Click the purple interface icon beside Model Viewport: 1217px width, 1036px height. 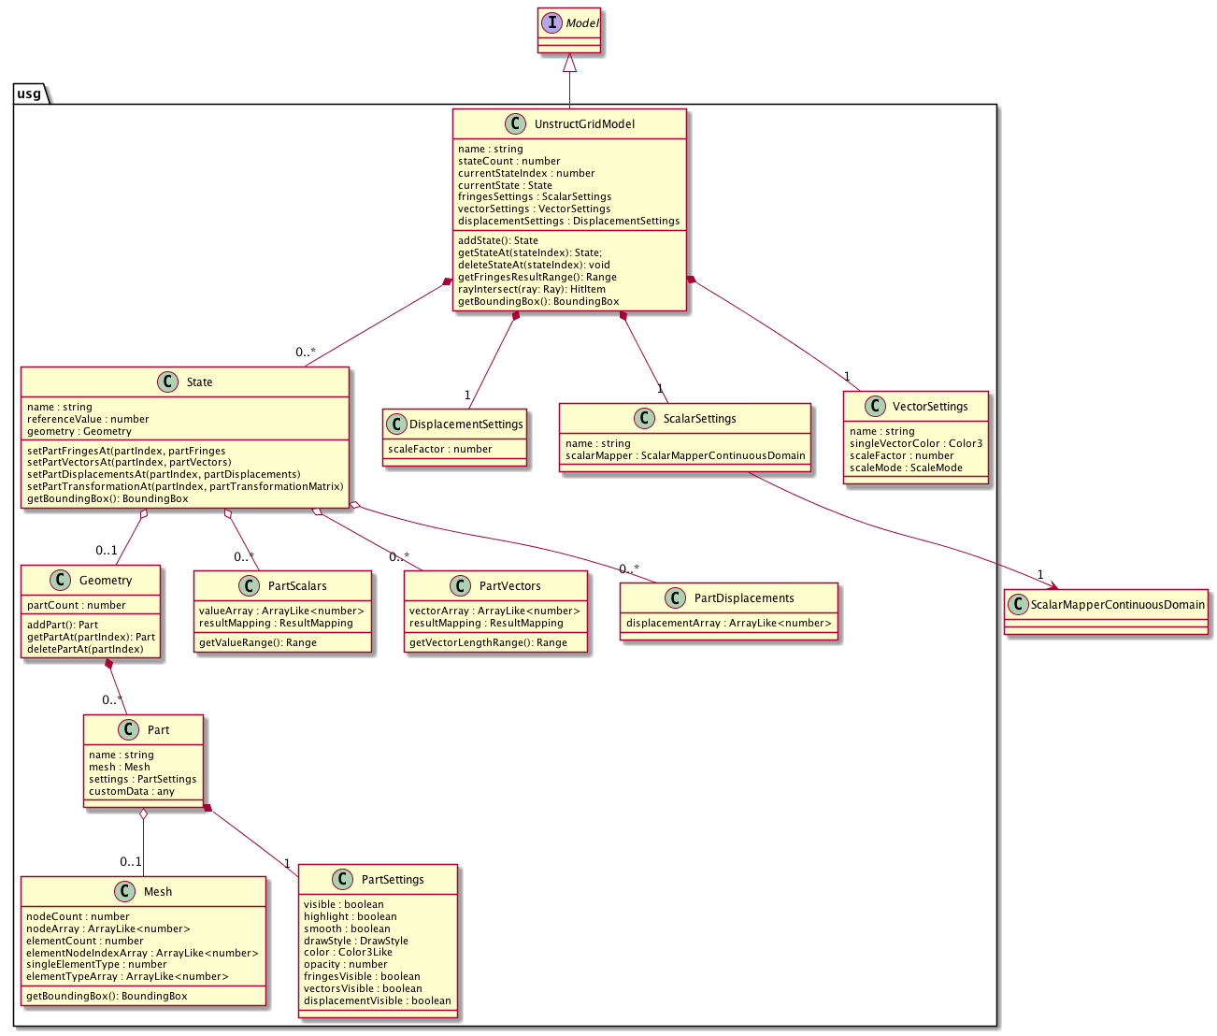553,23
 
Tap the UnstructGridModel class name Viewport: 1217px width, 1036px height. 584,123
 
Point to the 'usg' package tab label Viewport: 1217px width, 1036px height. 29,94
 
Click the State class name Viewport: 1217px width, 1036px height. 199,381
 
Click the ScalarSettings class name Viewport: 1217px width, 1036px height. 699,418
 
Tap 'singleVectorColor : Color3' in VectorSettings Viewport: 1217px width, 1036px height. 915,443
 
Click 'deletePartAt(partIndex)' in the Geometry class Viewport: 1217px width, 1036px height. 85,649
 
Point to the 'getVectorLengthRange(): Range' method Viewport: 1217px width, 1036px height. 488,642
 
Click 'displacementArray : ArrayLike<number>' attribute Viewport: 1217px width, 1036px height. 728,623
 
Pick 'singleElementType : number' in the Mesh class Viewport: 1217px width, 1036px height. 96,964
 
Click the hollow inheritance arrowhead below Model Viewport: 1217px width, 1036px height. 569,64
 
